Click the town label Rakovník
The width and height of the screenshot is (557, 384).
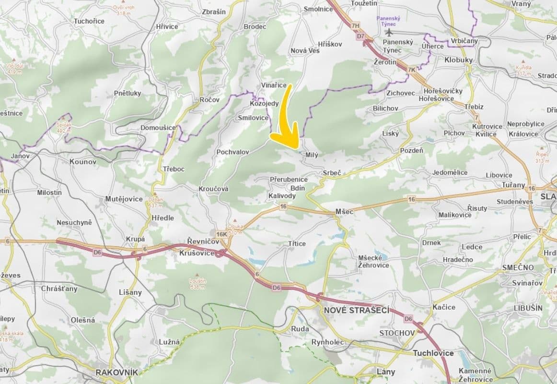(116, 372)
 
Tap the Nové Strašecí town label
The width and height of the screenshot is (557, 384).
(356, 310)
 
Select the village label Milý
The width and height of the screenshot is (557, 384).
(312, 155)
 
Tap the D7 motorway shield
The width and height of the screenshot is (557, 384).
(360, 36)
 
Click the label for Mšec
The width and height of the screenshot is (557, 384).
(344, 211)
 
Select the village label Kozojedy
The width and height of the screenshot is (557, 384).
(264, 103)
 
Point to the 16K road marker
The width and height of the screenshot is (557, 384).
(221, 234)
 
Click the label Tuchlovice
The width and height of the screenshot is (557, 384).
(433, 353)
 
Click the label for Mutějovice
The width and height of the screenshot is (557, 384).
(124, 198)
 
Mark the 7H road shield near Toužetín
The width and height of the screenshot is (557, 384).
(355, 25)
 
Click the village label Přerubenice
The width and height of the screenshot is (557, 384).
(289, 179)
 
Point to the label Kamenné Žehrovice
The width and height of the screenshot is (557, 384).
(475, 375)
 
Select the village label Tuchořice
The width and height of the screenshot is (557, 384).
(89, 21)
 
